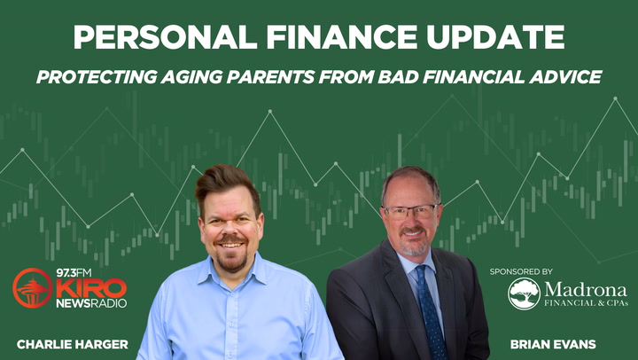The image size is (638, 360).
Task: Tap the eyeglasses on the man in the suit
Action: pyautogui.click(x=408, y=212)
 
